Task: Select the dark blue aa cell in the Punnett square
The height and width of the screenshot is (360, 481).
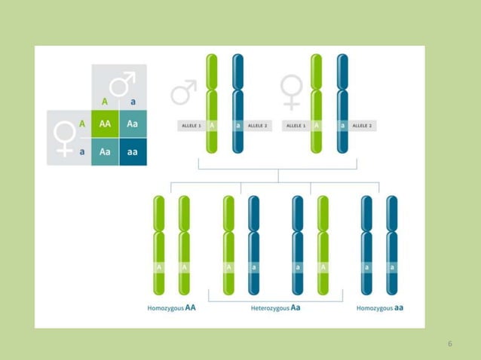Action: point(133,151)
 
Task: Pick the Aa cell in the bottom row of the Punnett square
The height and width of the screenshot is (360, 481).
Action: point(105,151)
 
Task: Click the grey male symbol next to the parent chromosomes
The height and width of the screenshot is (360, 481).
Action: point(183,93)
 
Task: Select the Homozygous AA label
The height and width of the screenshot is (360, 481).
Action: point(172,307)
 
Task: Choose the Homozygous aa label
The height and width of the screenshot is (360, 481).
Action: point(380,307)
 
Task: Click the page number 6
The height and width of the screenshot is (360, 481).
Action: point(450,344)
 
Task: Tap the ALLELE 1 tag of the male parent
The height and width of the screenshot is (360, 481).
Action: point(191,125)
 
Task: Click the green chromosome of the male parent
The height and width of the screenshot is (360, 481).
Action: point(212,104)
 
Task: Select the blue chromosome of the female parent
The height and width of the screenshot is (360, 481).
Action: point(342,104)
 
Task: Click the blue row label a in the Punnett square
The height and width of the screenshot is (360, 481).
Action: point(81,151)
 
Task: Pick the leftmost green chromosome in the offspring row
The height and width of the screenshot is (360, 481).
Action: point(159,245)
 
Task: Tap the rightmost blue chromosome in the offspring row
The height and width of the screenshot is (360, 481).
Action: point(391,245)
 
